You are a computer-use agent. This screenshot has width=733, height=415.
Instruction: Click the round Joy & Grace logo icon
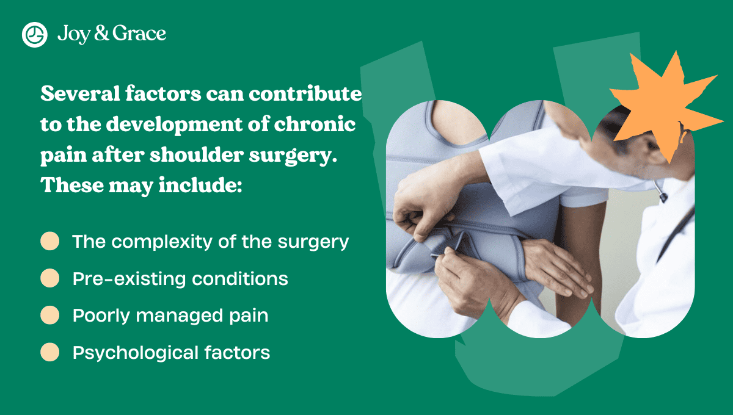[x=35, y=34]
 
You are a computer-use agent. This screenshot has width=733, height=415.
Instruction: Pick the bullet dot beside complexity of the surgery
[x=49, y=241]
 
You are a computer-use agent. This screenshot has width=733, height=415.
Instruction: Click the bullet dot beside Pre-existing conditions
[x=49, y=278]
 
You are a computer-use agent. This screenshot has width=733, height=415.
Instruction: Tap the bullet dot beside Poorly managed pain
[x=49, y=316]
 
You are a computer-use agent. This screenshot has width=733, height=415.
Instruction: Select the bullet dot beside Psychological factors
[x=49, y=352]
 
